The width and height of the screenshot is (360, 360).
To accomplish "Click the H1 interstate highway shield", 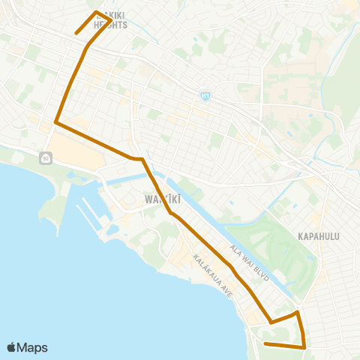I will (205, 96).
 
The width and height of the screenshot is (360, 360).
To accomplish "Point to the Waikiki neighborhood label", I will (158, 200).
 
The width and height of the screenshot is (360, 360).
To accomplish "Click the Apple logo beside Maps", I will (11, 347).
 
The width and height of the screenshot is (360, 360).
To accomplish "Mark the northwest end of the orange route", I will (76, 34).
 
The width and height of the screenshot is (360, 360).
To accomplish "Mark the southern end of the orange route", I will (265, 343).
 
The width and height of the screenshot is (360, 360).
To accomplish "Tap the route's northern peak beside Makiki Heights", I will (96, 12).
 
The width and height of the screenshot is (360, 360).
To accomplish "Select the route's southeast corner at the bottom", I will (305, 347).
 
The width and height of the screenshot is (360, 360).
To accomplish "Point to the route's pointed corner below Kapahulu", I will (298, 312).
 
